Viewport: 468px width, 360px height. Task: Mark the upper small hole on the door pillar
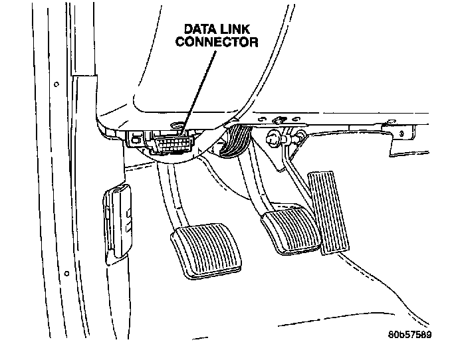pyautogui.click(x=57, y=84)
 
